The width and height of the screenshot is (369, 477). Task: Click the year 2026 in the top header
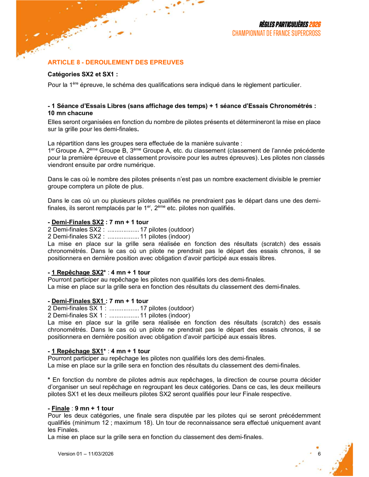coord(315,25)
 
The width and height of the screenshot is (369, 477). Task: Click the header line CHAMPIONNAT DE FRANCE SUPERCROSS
coord(276,33)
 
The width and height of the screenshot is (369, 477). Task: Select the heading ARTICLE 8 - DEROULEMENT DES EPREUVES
coord(116,62)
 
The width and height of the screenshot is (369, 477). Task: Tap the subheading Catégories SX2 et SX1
coord(83,74)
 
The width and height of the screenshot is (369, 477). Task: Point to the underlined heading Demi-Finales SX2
coord(77,222)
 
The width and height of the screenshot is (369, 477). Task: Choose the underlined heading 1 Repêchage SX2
coord(77,273)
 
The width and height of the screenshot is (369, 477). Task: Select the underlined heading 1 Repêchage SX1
coord(77,352)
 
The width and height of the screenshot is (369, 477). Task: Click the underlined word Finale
coord(61,409)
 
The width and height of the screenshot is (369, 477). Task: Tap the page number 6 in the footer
coord(319,454)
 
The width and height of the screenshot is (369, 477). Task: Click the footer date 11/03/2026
coord(101,454)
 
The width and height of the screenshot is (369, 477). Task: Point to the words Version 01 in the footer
coord(70,454)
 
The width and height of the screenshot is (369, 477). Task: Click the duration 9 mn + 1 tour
coord(94,409)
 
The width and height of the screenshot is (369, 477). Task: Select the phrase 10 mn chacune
coord(70,113)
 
